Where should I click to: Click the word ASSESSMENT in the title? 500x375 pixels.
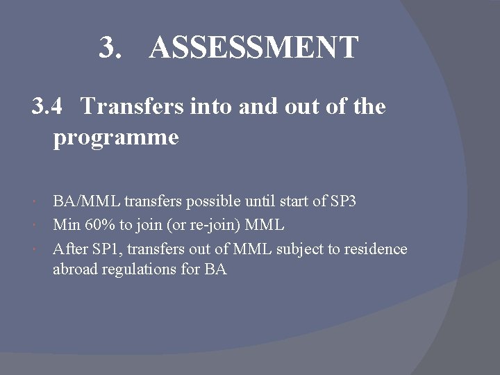(253, 48)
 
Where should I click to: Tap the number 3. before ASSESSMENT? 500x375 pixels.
(112, 48)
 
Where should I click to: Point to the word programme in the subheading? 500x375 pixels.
(116, 137)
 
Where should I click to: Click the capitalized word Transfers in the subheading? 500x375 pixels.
(132, 107)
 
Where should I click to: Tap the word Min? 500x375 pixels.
(66, 225)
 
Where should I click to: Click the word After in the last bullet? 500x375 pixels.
(69, 249)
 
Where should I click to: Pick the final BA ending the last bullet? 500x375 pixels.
(215, 269)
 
